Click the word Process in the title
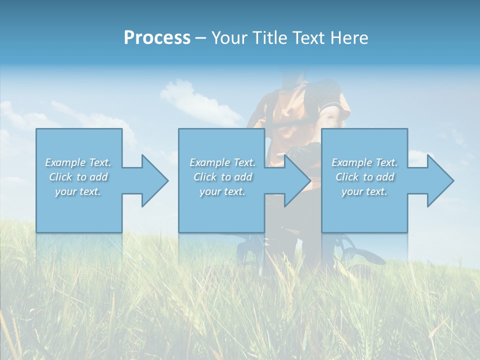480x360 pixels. pyautogui.click(x=157, y=38)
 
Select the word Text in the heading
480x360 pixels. pyautogui.click(x=309, y=38)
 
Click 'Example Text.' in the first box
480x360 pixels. pyautogui.click(x=78, y=162)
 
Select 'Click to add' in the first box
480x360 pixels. pyautogui.click(x=78, y=177)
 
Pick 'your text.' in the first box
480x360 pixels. pyautogui.click(x=78, y=191)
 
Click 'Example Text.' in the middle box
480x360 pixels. pyautogui.click(x=222, y=162)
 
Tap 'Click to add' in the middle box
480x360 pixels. pyautogui.click(x=222, y=177)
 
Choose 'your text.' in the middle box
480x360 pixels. pyautogui.click(x=222, y=191)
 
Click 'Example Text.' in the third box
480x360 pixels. pyautogui.click(x=364, y=162)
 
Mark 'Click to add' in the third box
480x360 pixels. pyautogui.click(x=364, y=177)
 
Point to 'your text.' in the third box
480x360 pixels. pyautogui.click(x=364, y=191)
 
